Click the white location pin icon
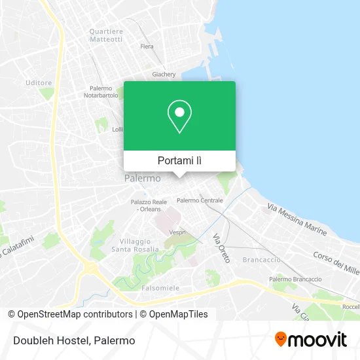tap(179, 117)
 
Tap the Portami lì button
tap(179, 160)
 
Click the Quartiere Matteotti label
tap(106, 35)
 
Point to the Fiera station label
tap(147, 46)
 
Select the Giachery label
tap(164, 75)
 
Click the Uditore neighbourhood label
tap(39, 82)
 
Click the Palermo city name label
tap(142, 178)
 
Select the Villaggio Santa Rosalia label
tap(135, 245)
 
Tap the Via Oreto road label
tap(221, 249)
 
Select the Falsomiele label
tap(160, 287)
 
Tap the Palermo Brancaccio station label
tap(295, 279)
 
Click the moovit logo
tap(310, 340)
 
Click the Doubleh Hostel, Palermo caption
tap(73, 340)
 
